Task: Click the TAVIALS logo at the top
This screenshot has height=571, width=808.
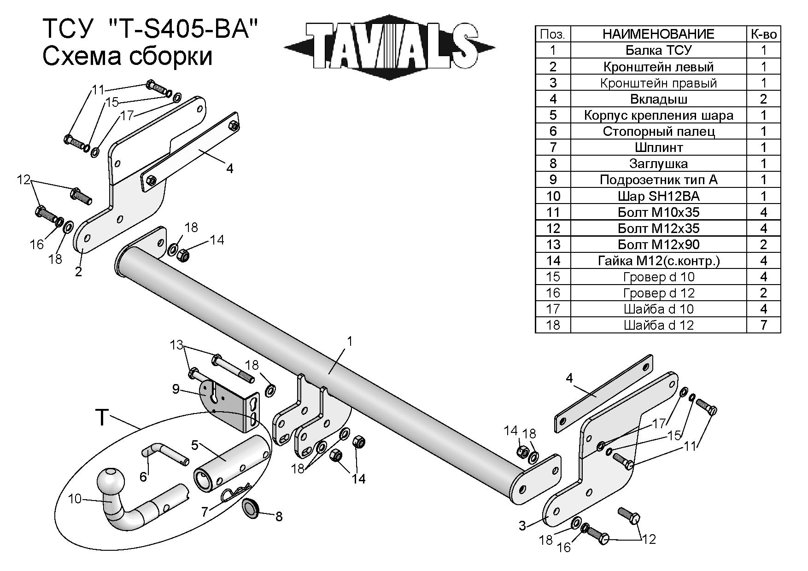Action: point(389,46)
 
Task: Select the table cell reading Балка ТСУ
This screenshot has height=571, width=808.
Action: point(658,50)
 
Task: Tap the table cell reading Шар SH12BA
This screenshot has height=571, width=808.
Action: point(658,196)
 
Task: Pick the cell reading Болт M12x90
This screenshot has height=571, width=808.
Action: point(658,245)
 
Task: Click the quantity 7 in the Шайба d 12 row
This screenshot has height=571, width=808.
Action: point(763,325)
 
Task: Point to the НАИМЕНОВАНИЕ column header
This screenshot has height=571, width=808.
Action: point(658,34)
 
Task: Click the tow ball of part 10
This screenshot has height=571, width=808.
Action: point(111,481)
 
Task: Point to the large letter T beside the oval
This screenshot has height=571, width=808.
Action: point(102,417)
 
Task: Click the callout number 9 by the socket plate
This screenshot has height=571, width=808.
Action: point(176,389)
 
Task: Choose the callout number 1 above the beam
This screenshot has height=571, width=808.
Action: point(350,341)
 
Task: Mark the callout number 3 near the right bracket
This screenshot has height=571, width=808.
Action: point(522,525)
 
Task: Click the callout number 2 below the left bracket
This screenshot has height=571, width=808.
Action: point(78,272)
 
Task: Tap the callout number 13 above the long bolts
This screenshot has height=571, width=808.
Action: point(176,345)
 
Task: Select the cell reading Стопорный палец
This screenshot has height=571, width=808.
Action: point(658,132)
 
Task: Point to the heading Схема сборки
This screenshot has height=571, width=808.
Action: point(128,57)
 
